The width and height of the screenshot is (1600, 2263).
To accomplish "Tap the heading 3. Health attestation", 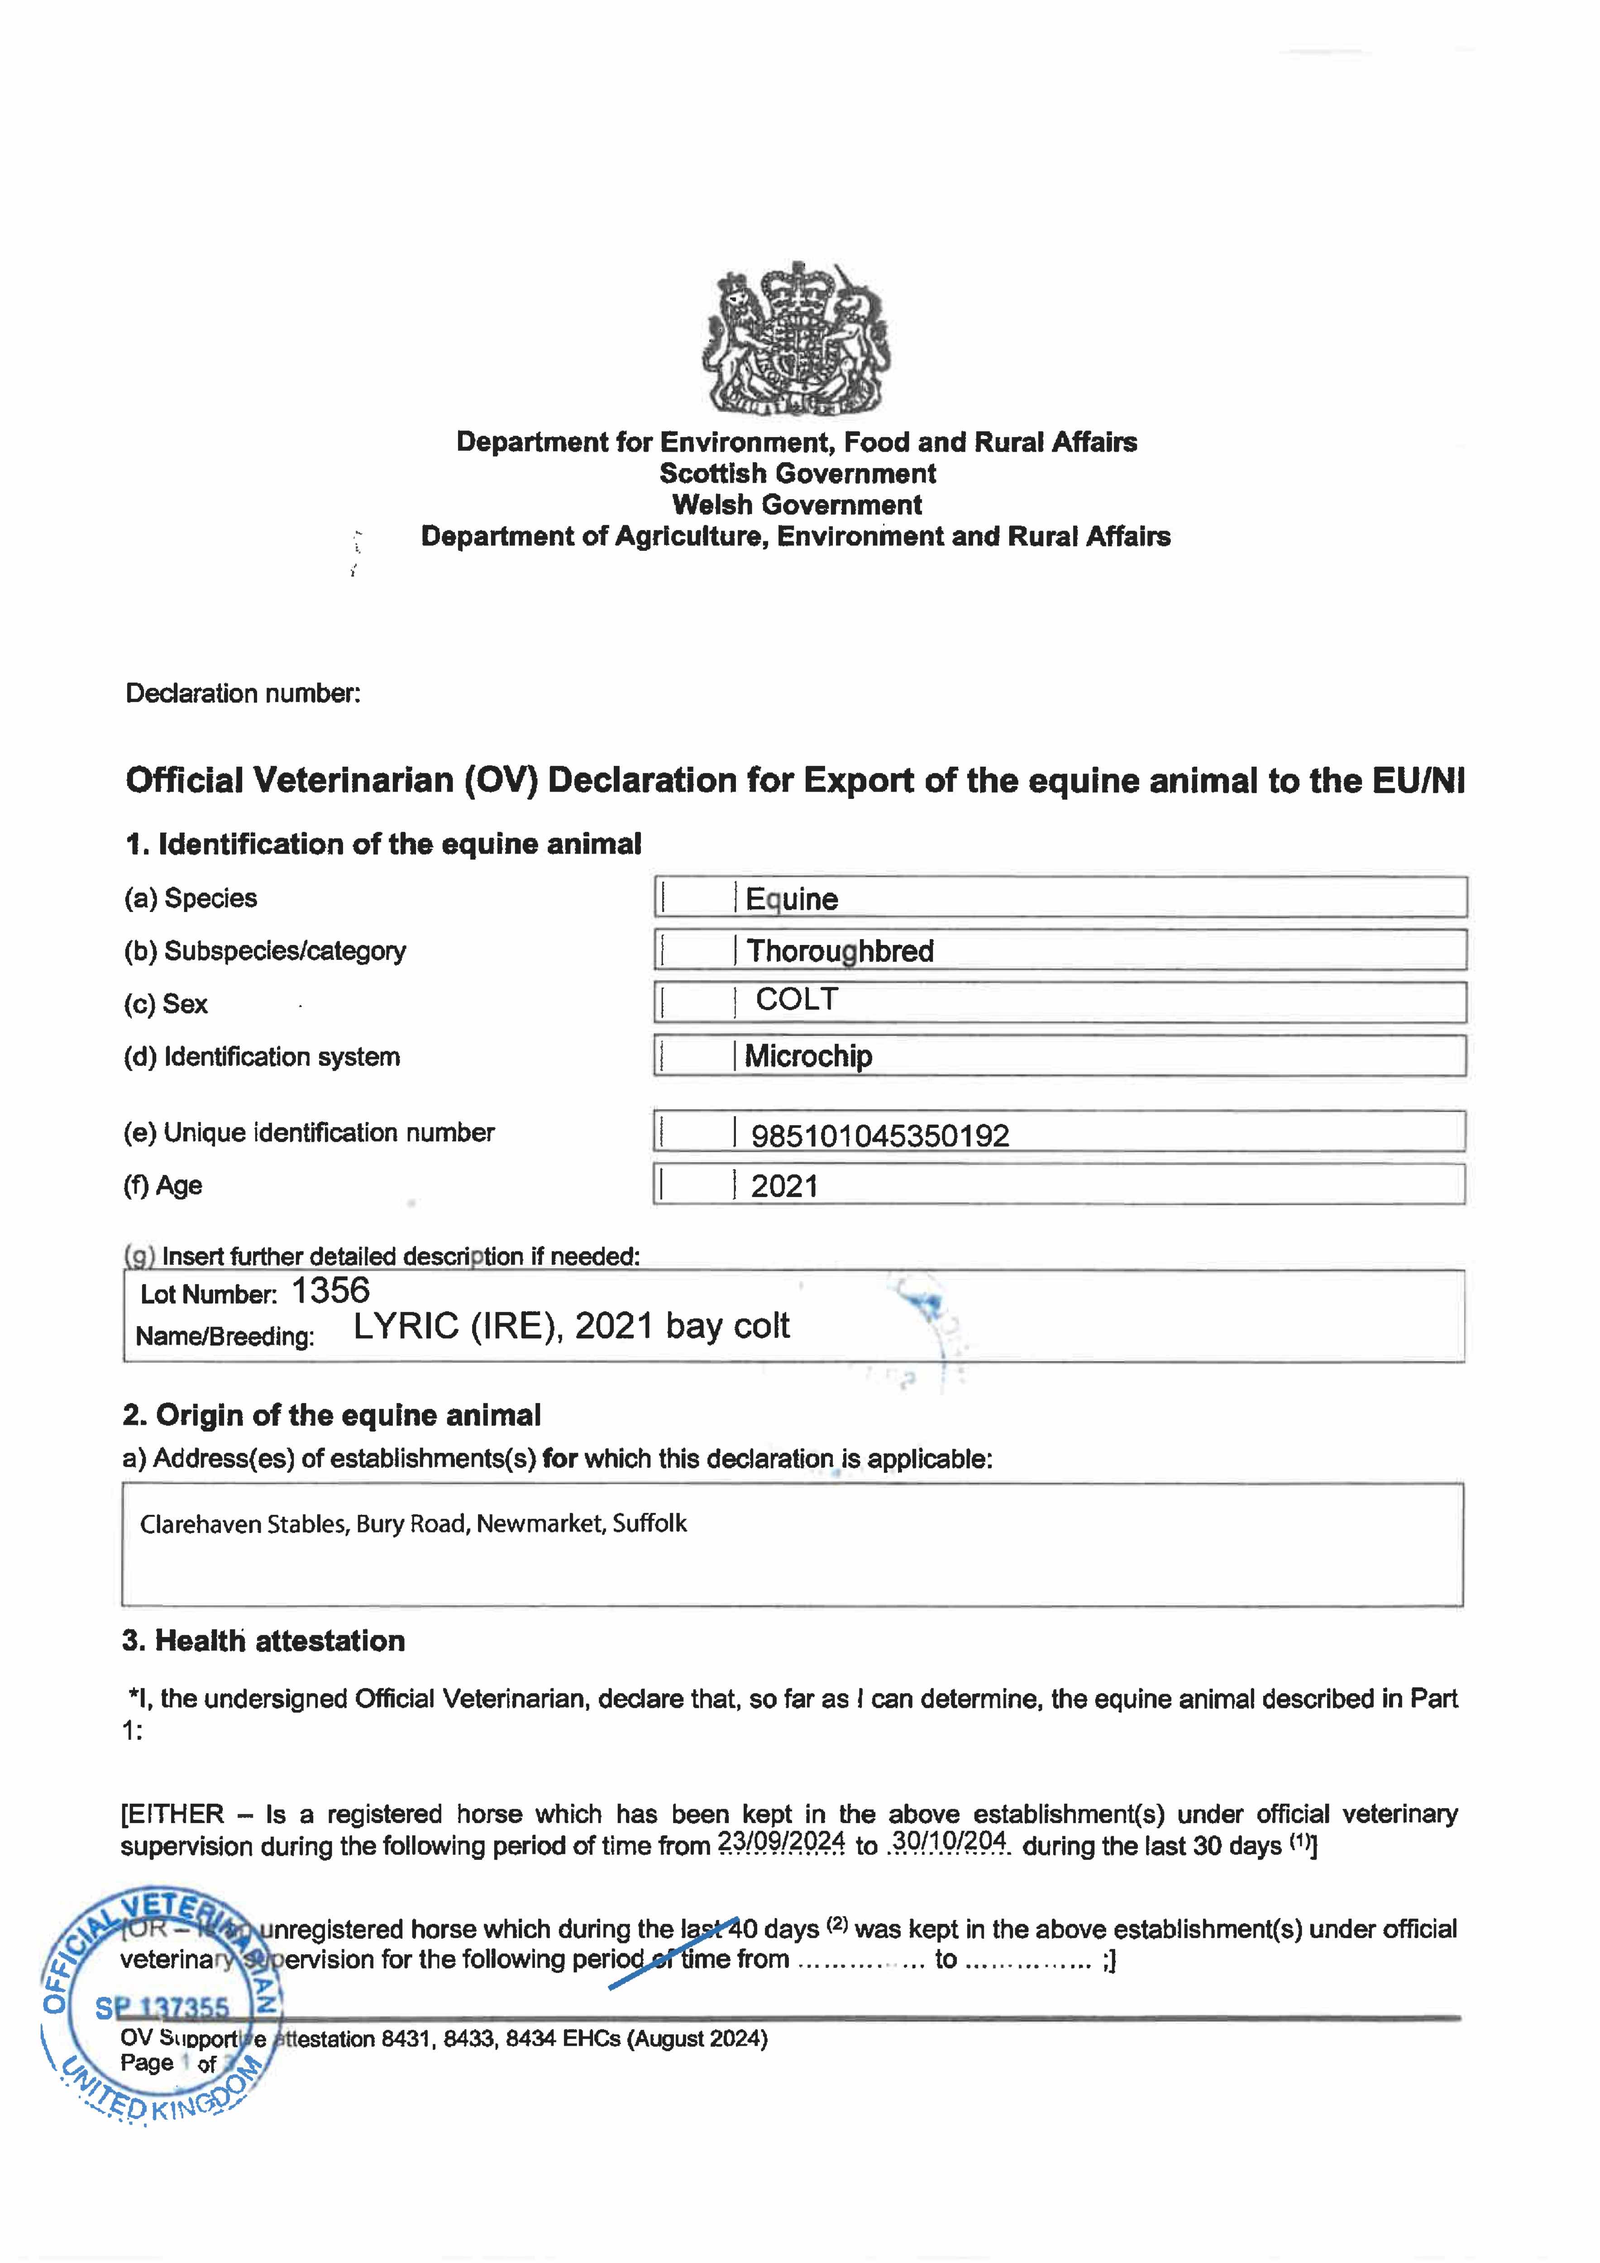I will [263, 1641].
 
